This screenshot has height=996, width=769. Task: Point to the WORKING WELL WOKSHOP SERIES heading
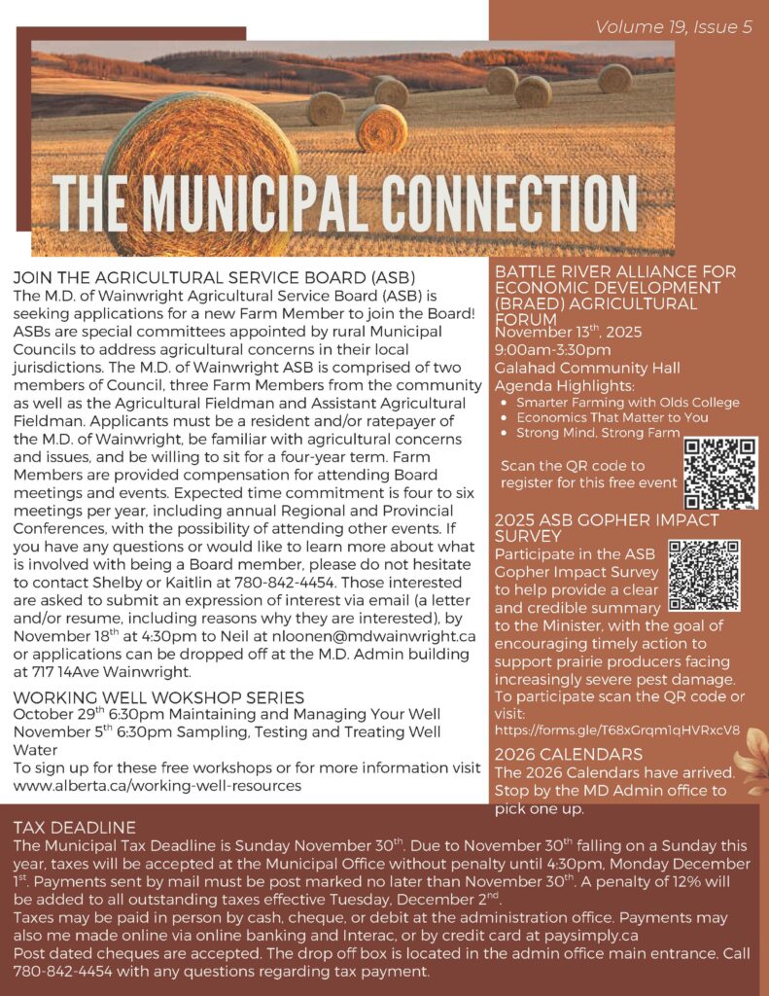tap(159, 696)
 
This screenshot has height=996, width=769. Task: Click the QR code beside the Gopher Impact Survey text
tap(704, 575)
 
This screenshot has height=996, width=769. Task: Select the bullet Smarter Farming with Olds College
tap(628, 402)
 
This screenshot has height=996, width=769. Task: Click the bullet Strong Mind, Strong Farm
tap(598, 432)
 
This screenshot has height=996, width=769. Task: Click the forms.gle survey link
tap(617, 729)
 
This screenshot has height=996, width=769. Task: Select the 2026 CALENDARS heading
tap(569, 754)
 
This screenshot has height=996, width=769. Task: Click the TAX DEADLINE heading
tap(75, 827)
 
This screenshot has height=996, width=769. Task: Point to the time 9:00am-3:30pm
tap(553, 350)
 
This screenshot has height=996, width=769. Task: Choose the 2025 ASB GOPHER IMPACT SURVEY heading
tap(593, 527)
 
